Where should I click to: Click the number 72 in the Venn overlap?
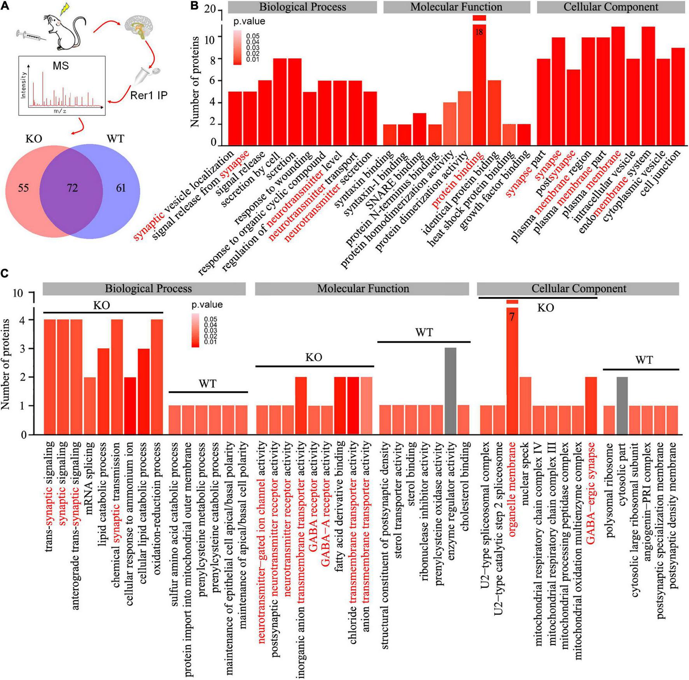pos(72,188)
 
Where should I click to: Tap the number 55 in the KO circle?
pos(23,188)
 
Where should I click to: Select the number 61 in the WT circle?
pos(121,188)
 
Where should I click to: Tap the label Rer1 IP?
pos(149,95)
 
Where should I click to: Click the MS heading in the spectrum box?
pos(61,66)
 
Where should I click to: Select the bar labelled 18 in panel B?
pos(479,78)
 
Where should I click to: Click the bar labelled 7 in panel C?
pos(512,369)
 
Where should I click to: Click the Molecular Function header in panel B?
pos(456,7)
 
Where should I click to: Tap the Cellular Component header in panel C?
pos(579,288)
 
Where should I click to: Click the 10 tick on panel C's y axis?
pos(18,293)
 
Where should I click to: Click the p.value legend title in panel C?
pos(207,304)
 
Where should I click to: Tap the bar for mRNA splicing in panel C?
pos(90,405)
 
